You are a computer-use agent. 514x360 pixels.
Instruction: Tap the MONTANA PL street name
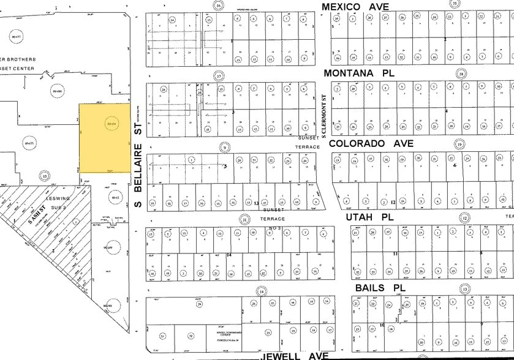tap(357, 73)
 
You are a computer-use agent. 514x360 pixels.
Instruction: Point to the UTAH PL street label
tap(368, 217)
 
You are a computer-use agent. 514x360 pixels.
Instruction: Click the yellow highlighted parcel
tap(105, 138)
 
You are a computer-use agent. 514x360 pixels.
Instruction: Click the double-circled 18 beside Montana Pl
tap(461, 74)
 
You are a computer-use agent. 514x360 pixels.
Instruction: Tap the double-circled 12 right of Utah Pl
tap(465, 218)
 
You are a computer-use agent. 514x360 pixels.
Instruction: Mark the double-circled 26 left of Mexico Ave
tap(217, 5)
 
